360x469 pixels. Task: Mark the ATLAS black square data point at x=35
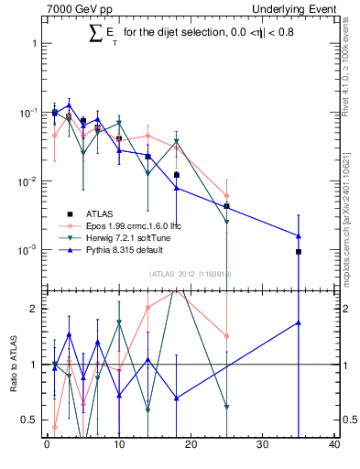point(299,251)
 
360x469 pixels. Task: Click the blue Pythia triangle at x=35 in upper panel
point(299,235)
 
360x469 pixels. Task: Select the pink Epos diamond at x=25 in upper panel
point(226,195)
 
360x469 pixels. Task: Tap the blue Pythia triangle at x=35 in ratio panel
point(299,322)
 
